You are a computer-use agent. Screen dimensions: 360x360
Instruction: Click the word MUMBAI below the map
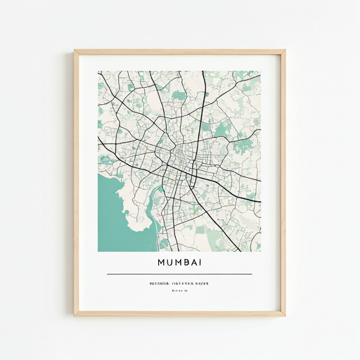pos(179,263)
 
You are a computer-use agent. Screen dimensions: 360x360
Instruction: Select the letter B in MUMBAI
pos(184,263)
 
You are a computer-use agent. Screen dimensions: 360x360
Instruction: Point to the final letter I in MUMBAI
pos(200,263)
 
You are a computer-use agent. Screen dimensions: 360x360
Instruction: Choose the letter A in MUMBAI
pos(193,263)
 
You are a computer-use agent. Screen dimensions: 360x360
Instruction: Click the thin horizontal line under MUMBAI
pos(179,274)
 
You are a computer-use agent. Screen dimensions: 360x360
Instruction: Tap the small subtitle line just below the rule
pos(179,283)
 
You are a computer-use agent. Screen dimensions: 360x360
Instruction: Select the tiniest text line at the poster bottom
pos(179,290)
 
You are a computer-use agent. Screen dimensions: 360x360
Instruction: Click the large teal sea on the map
pos(116,211)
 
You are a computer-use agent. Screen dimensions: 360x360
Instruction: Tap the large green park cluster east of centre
pos(223,129)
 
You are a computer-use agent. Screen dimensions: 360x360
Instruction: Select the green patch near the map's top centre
pos(177,95)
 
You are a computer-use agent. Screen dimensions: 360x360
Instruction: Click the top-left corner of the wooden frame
pos(76,51)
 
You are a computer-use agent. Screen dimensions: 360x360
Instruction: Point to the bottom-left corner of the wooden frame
pos(76,314)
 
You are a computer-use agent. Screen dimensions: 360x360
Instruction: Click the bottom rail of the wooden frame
pos(179,313)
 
